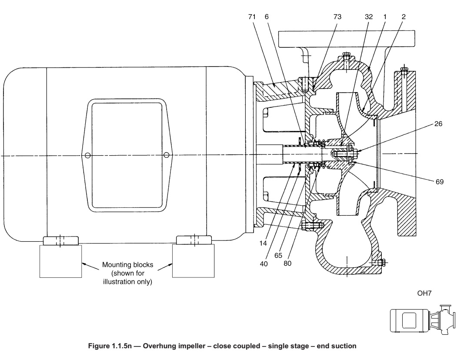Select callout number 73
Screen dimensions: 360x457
pyautogui.click(x=337, y=17)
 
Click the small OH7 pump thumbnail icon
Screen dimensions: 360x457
pyautogui.click(x=421, y=320)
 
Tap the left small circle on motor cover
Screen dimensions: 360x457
pyautogui.click(x=88, y=156)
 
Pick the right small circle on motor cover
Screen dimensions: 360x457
pyautogui.click(x=166, y=156)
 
